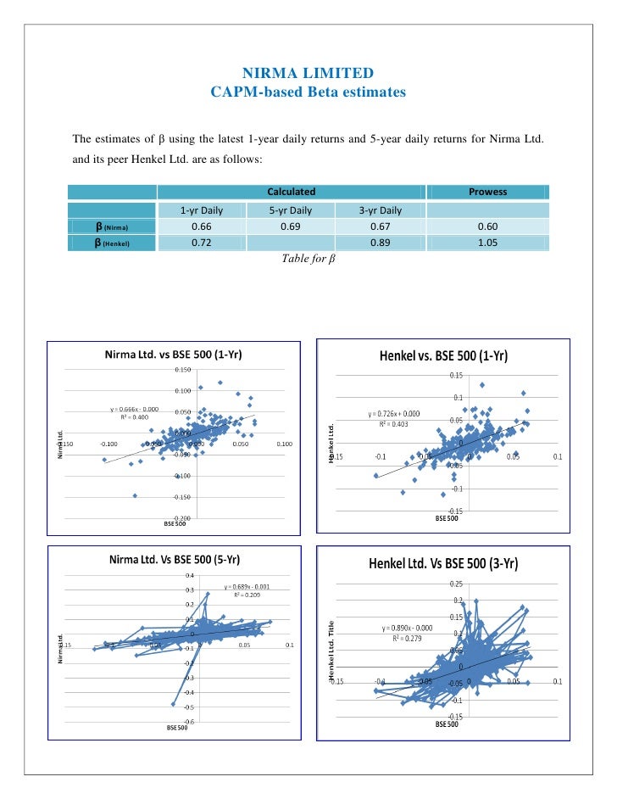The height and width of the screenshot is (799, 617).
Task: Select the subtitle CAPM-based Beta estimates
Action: click(308, 91)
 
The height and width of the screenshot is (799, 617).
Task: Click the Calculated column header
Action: click(291, 192)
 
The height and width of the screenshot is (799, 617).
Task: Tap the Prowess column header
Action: click(487, 192)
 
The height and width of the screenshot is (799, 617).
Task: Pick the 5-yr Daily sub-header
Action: click(291, 210)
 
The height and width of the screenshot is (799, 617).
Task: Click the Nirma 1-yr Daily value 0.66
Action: click(201, 226)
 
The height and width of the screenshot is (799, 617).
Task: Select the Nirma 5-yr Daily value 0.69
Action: click(291, 226)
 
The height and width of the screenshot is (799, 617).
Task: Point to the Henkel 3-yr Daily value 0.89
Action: click(380, 243)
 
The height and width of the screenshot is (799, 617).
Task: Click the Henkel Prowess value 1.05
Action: click(487, 243)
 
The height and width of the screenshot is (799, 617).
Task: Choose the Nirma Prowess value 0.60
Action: click(487, 226)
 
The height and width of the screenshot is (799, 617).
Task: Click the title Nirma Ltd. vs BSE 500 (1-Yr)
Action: click(173, 355)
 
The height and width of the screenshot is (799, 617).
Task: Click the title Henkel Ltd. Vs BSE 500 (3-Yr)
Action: click(443, 564)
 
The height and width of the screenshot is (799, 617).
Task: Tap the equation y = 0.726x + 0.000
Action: click(395, 414)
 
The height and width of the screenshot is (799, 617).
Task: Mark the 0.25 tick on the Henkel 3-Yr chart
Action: click(456, 583)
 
